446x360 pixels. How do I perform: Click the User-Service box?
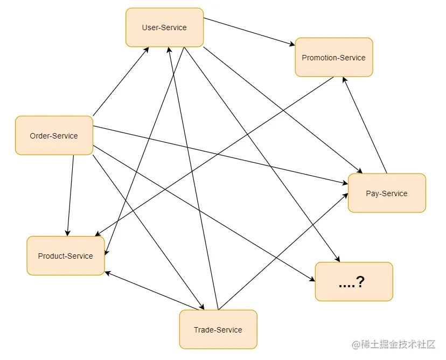click(164, 27)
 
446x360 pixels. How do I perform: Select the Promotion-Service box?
click(333, 58)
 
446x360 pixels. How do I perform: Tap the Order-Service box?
click(54, 136)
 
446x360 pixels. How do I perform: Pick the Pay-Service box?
click(387, 193)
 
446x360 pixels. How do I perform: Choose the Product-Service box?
click(65, 256)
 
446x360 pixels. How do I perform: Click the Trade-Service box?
click(218, 330)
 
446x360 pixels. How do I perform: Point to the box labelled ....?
click(353, 282)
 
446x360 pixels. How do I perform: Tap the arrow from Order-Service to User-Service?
click(121, 81)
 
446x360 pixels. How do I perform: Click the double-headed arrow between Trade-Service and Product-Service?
click(154, 292)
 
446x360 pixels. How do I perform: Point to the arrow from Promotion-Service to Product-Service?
click(215, 156)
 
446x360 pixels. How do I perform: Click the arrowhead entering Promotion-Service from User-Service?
click(291, 43)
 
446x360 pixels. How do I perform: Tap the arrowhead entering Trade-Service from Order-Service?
click(202, 307)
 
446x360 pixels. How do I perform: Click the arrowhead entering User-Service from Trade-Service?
click(169, 50)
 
